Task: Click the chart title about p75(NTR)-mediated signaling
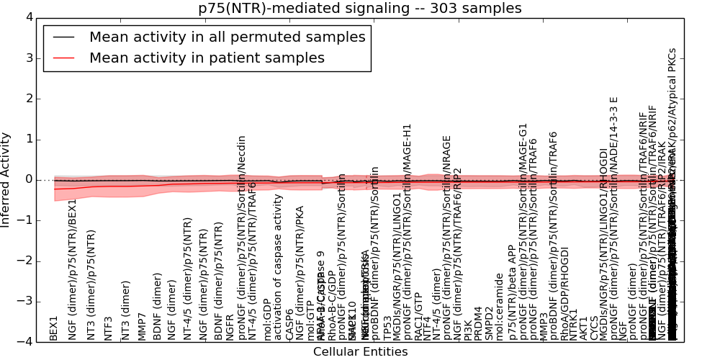360,8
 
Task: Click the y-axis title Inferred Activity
6,179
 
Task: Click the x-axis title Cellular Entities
360,352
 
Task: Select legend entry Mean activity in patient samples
207,58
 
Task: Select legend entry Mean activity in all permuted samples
228,37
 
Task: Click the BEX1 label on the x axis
54,328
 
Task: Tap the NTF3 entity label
109,328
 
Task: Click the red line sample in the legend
63,58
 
